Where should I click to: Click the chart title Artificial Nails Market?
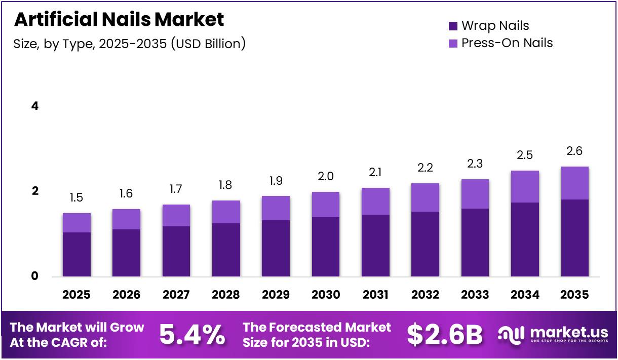pos(119,19)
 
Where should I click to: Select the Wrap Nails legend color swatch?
pos(453,26)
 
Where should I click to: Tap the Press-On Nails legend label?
pos(507,43)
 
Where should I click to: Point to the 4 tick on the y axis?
pos(35,106)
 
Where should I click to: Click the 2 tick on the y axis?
pos(35,191)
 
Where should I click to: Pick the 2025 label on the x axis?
pos(76,294)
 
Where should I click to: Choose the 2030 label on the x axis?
pos(326,294)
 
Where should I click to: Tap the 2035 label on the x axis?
pos(575,294)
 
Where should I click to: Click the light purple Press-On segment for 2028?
pos(226,212)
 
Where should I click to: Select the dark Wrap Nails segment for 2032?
pos(426,244)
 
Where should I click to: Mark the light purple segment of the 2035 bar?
pos(575,183)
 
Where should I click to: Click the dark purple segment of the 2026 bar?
pos(126,253)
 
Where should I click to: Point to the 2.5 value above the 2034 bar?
pos(525,155)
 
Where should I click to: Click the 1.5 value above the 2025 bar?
pos(76,197)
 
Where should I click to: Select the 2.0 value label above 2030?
pos(326,176)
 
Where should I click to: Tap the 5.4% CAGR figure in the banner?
pos(192,335)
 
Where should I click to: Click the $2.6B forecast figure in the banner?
pos(445,335)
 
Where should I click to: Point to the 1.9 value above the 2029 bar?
pos(276,181)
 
